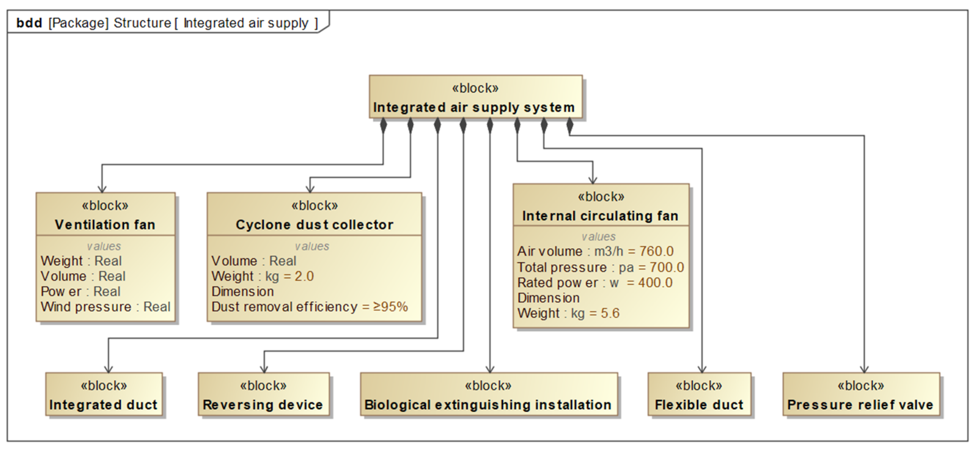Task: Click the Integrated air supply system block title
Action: coord(474,108)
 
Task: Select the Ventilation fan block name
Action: coord(105,225)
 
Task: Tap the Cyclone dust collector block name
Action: coord(315,225)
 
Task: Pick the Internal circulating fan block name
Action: coord(600,216)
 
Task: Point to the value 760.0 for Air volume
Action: coord(656,251)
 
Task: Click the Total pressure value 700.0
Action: coord(667,268)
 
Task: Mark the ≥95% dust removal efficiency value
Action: coord(391,307)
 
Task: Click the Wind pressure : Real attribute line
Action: coord(106,307)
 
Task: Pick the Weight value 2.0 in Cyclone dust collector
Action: coord(304,276)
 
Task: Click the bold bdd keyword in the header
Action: coord(29,23)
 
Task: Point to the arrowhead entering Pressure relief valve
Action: coord(864,369)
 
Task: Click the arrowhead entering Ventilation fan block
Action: coord(102,189)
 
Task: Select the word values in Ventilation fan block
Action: coord(104,246)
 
